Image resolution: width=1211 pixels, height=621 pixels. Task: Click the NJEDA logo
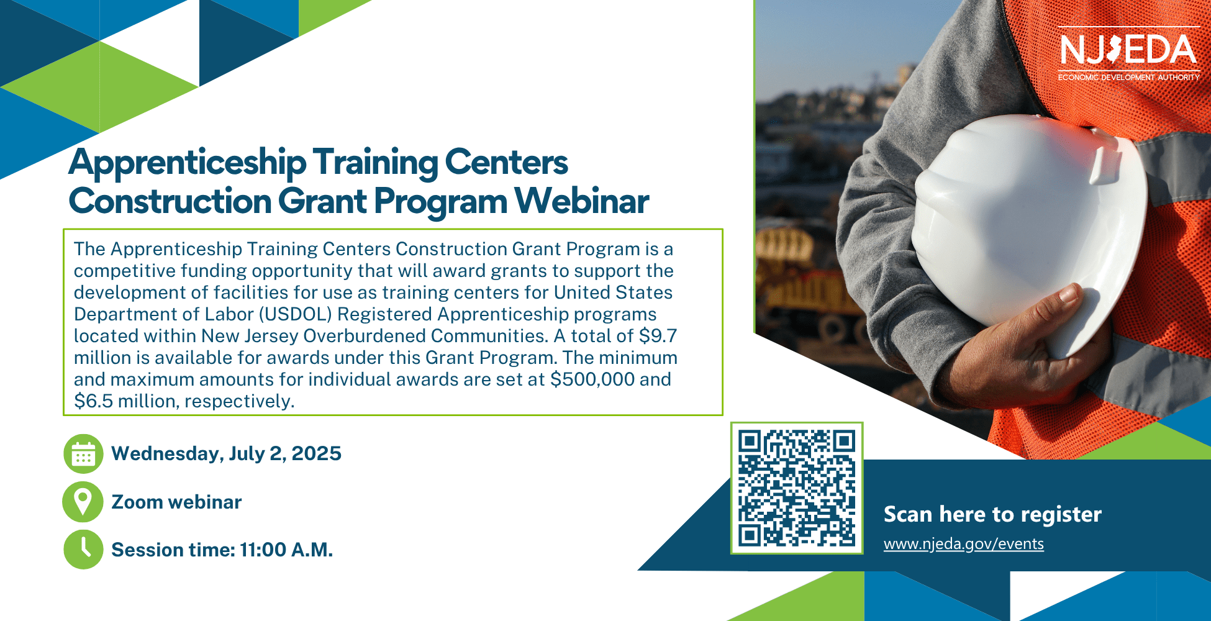coord(1128,54)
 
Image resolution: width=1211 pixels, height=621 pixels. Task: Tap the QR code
coord(797,488)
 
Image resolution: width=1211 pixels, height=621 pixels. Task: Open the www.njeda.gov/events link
coord(963,544)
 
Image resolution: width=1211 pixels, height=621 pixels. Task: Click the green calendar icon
coord(83,454)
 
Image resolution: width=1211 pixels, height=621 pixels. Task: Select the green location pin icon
coord(83,502)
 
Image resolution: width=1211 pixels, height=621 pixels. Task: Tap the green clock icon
coord(83,550)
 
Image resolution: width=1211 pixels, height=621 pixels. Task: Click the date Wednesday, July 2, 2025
coord(226,454)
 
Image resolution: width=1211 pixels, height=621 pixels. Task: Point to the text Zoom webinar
coord(176,502)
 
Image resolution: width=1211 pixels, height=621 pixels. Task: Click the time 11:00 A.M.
coord(286,550)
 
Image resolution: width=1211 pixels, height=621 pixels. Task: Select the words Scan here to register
coord(992,514)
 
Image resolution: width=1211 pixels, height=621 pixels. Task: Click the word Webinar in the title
coord(582,201)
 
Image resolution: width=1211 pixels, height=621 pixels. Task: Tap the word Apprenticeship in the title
coord(188,163)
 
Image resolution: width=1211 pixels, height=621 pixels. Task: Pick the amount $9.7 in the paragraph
coord(658,336)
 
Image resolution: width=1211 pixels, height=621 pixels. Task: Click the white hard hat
coord(1028,233)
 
